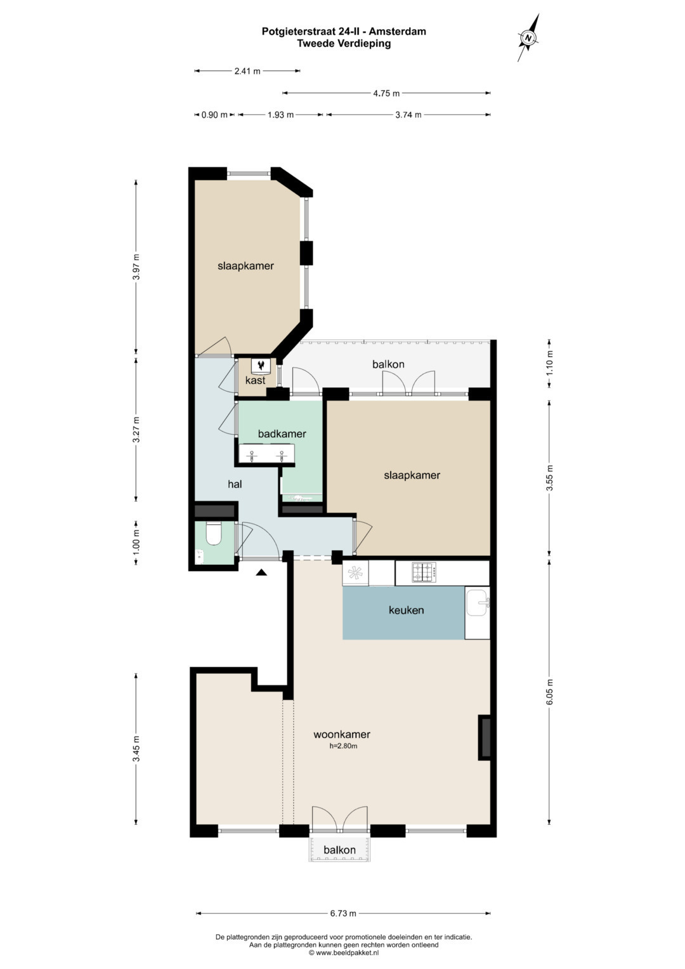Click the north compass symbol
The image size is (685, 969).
(528, 37)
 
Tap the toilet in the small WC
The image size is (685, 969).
(212, 534)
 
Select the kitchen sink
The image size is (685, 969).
(478, 603)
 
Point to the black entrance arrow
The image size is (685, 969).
(261, 573)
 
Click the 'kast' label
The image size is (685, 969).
(255, 380)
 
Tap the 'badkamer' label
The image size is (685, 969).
(282, 433)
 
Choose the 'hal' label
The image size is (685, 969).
(235, 484)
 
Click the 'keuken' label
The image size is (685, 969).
(406, 610)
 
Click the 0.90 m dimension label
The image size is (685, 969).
(214, 115)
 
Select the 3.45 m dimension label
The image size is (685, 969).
(136, 748)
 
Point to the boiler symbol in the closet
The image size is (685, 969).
(260, 366)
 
